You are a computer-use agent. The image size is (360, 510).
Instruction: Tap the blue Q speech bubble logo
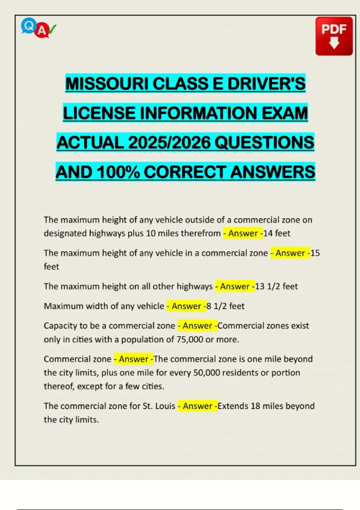pos(28,26)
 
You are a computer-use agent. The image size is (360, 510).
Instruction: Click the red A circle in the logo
pos(42,31)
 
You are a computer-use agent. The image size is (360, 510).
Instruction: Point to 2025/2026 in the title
pos(169,142)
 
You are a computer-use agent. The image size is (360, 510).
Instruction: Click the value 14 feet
pos(277,233)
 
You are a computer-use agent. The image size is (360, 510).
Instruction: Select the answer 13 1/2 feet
pos(276,286)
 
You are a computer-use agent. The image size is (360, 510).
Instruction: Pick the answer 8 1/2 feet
pos(226,306)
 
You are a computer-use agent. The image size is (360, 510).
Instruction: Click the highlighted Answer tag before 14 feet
pos(243,233)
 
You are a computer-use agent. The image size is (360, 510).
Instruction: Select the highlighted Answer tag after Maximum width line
pos(186,306)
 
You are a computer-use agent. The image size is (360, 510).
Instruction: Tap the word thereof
pos(58,386)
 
